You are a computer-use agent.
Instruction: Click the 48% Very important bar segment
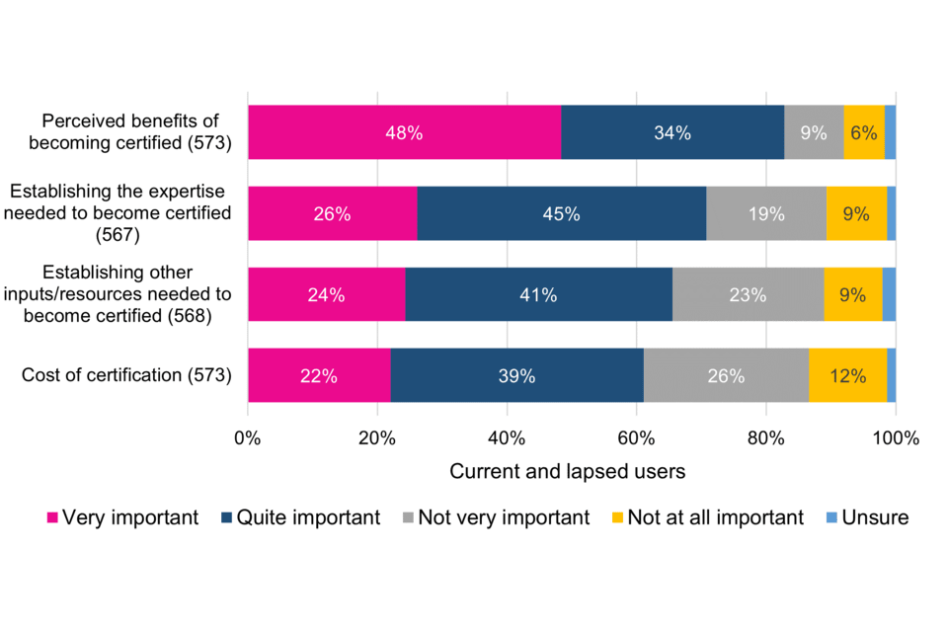pyautogui.click(x=404, y=132)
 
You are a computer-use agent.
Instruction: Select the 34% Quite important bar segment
pyautogui.click(x=672, y=132)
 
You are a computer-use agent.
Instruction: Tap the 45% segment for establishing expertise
pyautogui.click(x=561, y=213)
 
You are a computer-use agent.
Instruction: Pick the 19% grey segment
pyautogui.click(x=766, y=213)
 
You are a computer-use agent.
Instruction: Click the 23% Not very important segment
pyautogui.click(x=748, y=294)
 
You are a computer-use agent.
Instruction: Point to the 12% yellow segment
pyautogui.click(x=847, y=375)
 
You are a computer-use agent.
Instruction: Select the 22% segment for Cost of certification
pyautogui.click(x=319, y=375)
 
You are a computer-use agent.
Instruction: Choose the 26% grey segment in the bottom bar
pyautogui.click(x=726, y=375)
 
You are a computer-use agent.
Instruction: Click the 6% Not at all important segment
pyautogui.click(x=864, y=132)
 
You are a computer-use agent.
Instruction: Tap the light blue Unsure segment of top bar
pyautogui.click(x=890, y=132)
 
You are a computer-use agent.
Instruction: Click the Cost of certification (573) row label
pyautogui.click(x=125, y=375)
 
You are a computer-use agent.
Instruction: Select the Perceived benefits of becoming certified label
pyautogui.click(x=136, y=132)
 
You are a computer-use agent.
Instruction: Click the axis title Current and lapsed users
pyautogui.click(x=567, y=472)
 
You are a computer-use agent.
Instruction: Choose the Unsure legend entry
pyautogui.click(x=866, y=517)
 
